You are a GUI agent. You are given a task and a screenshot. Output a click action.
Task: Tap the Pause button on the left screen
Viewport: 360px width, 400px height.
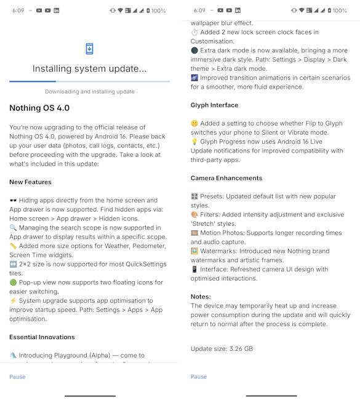click(x=17, y=377)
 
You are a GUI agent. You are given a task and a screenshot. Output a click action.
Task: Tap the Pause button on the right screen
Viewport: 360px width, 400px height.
click(x=198, y=377)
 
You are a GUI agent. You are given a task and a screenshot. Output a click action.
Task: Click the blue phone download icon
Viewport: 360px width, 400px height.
click(x=90, y=49)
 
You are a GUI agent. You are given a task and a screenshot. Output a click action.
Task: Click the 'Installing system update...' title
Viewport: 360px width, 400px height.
click(x=90, y=69)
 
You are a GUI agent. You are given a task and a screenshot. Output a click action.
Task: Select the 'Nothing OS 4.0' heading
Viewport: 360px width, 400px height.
click(x=39, y=108)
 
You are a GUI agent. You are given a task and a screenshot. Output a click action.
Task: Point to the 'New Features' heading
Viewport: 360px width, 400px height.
click(x=30, y=182)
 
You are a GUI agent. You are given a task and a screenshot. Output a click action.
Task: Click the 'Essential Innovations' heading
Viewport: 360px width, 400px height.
click(x=42, y=337)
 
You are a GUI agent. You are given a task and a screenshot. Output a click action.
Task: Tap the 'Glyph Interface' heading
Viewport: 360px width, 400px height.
click(x=214, y=105)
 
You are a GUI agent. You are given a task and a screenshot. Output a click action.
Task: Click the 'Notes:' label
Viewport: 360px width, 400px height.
click(x=201, y=297)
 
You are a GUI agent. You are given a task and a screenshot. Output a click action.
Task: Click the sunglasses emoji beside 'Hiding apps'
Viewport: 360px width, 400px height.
click(x=14, y=201)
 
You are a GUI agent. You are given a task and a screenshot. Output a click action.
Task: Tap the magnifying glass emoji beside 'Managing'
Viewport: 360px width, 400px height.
click(x=14, y=228)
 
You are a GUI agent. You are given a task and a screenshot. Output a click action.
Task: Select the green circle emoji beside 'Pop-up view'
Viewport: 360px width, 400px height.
click(x=14, y=282)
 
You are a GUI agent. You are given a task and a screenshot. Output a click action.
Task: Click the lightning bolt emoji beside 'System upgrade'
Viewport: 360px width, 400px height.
click(x=14, y=301)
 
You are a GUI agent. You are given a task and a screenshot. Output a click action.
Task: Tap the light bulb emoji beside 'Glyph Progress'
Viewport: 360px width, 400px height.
click(x=195, y=142)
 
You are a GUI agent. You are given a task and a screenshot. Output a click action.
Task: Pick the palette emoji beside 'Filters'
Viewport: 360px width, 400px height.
click(x=195, y=215)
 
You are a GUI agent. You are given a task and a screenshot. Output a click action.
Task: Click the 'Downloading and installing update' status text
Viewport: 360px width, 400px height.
click(x=90, y=92)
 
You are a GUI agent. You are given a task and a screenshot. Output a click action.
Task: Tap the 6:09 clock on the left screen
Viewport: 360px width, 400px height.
click(x=18, y=10)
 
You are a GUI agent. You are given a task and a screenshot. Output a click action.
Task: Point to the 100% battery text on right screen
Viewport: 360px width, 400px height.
click(x=340, y=10)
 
